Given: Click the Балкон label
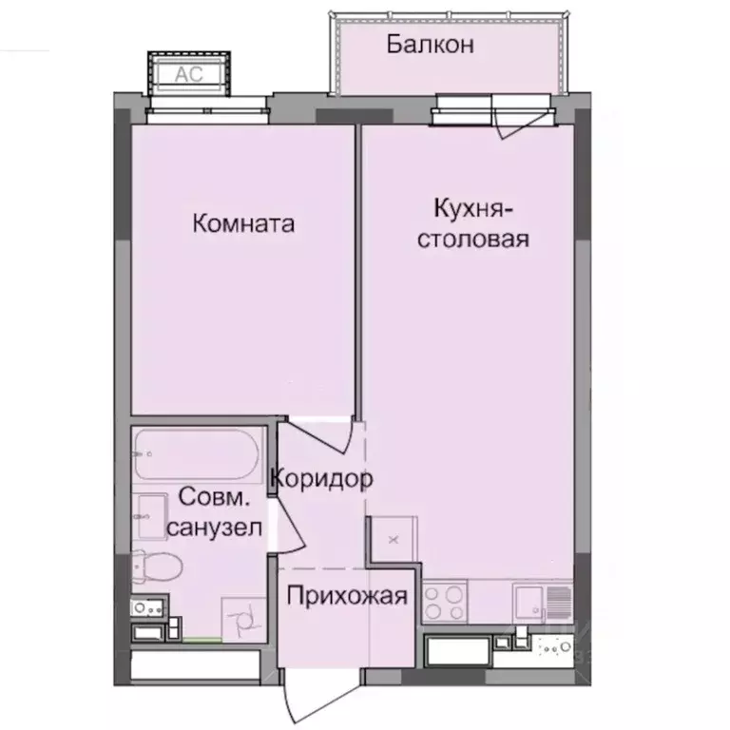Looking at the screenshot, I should [430, 45].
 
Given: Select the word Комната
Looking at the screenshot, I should [243, 224].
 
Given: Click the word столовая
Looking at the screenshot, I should [473, 238].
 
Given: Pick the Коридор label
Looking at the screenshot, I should [321, 479].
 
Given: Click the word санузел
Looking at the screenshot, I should [215, 528].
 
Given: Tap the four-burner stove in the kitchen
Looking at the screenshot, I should [444, 600].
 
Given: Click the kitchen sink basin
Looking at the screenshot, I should [529, 602].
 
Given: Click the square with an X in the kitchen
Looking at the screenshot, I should [392, 539].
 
